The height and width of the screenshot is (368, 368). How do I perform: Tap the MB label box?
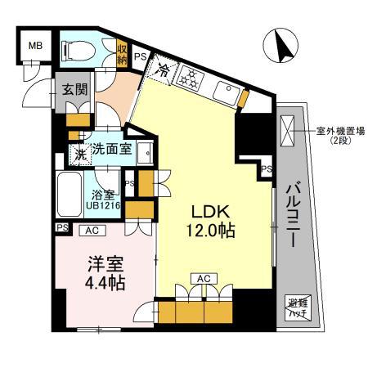pos(36,46)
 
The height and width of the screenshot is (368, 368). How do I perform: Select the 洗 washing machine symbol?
pos(79,151)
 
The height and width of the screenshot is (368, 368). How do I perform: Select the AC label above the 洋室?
pos(93,231)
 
